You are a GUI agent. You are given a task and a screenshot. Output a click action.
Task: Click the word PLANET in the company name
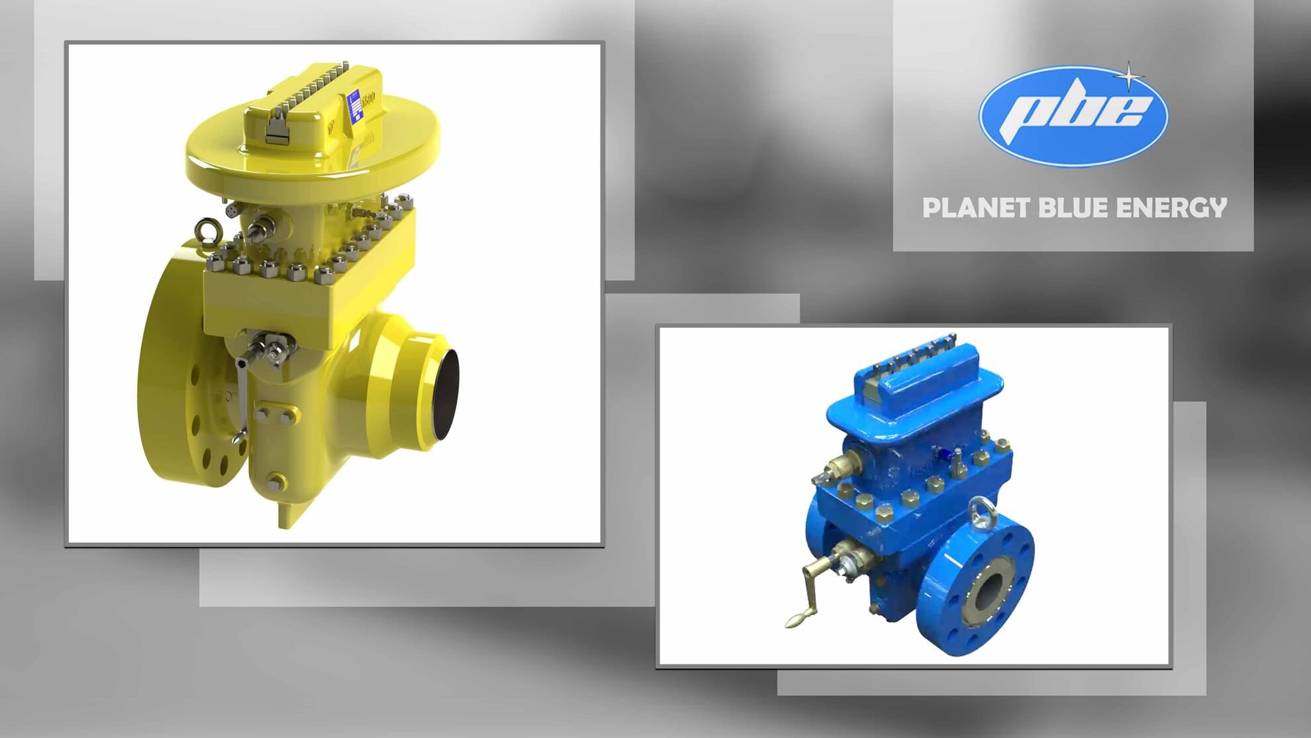(975, 208)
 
